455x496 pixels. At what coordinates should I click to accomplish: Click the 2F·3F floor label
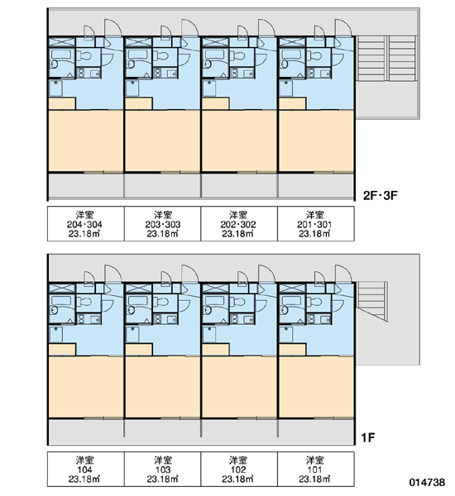tap(380, 195)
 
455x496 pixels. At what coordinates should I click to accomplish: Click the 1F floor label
tap(368, 438)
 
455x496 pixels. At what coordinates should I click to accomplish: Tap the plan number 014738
tap(427, 483)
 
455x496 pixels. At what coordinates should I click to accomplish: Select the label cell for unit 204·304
tap(86, 224)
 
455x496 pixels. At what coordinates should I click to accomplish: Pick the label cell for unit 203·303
tap(162, 224)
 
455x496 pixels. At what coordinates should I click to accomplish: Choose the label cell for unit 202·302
tap(239, 224)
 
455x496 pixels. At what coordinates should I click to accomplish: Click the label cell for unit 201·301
tap(316, 224)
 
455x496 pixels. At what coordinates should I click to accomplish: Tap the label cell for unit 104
tap(86, 469)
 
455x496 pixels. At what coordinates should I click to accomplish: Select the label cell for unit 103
tap(162, 469)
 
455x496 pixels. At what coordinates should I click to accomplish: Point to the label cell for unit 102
tap(239, 469)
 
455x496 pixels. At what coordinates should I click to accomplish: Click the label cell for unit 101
tap(316, 469)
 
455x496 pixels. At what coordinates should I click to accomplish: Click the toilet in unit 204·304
tap(85, 56)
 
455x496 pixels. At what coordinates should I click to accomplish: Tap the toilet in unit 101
tap(315, 302)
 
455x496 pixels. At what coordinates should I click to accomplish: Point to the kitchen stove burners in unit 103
tap(158, 319)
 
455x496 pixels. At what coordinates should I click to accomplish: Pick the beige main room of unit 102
tap(239, 387)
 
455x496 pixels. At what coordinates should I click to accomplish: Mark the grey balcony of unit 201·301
tap(316, 185)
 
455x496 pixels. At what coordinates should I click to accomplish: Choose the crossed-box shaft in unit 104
tap(62, 289)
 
